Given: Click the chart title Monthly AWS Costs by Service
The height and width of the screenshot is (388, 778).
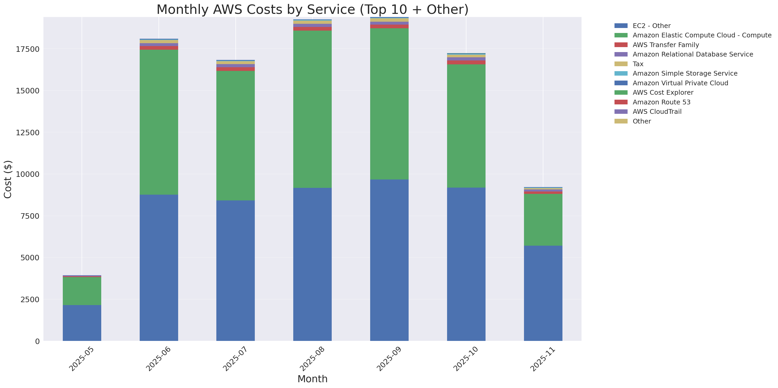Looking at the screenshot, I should [x=312, y=10].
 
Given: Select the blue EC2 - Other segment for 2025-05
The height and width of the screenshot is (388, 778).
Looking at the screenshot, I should [x=82, y=323].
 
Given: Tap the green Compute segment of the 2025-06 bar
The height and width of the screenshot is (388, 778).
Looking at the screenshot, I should [x=159, y=122].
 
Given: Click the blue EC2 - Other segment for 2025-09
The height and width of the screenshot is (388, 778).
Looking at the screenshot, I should [x=389, y=260].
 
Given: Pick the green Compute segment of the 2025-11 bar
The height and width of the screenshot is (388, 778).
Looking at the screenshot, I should [x=543, y=220].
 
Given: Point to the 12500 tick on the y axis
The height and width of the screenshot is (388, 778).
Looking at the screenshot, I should [x=27, y=133].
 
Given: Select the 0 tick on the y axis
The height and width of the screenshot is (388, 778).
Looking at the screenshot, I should [x=37, y=341].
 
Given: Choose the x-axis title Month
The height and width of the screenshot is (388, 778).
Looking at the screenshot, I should [x=312, y=379].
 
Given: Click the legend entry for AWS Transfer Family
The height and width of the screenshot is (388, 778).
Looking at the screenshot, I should [x=666, y=45].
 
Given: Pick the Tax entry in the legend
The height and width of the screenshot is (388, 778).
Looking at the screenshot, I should [x=638, y=64].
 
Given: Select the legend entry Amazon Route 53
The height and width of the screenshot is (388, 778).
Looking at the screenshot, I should [x=661, y=102].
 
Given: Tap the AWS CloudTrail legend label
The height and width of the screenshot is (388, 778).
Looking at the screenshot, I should [x=657, y=112].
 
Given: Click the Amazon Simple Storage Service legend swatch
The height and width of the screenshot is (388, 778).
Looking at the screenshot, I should [x=621, y=73].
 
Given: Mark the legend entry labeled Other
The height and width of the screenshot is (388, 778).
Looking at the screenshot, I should [x=641, y=121].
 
